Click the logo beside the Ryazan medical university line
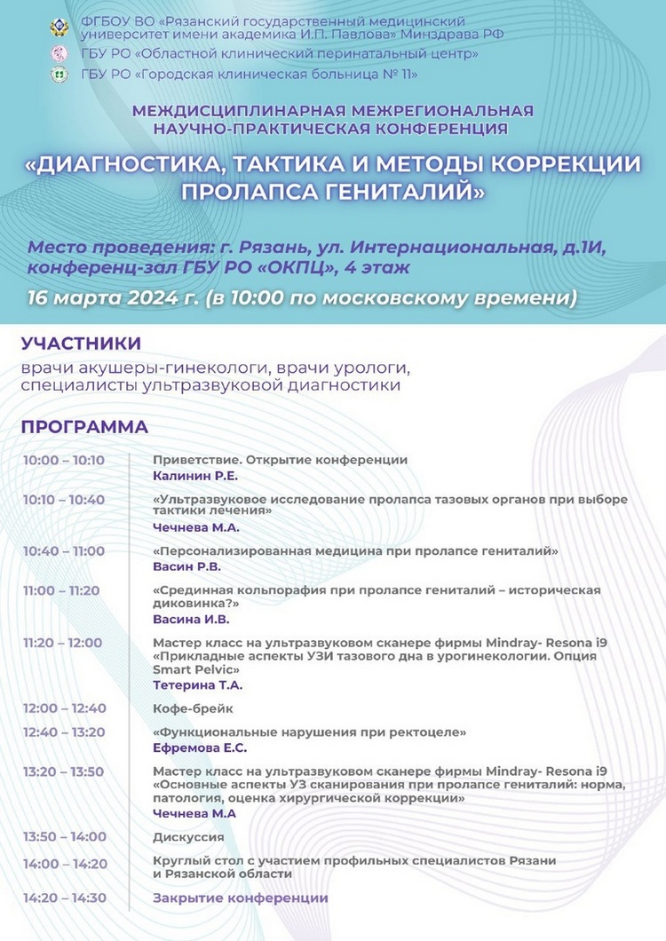point(59,28)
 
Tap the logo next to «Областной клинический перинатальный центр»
point(59,54)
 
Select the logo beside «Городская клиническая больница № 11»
point(59,75)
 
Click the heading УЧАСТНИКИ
point(81,344)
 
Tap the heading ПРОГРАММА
point(84,427)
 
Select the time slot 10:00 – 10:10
point(64,460)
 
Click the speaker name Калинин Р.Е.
point(190,476)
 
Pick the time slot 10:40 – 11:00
point(64,551)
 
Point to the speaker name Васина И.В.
point(191,619)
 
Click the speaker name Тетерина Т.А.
point(197,684)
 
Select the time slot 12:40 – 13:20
point(64,731)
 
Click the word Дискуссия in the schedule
point(188,836)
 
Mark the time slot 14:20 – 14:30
point(64,898)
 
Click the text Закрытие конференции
point(240,898)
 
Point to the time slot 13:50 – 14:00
point(64,836)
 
